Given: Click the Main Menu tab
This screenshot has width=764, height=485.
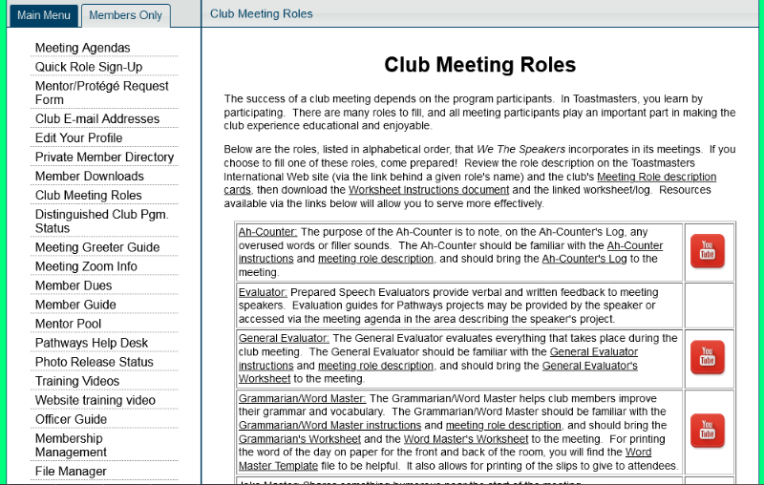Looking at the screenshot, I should [x=43, y=15].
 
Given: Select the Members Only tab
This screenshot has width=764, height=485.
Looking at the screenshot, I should [x=125, y=15].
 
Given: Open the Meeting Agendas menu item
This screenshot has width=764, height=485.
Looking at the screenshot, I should [x=83, y=48].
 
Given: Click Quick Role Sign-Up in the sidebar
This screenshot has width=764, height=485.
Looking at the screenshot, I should [x=89, y=67].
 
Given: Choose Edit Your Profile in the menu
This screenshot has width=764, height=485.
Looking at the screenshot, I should [x=78, y=137].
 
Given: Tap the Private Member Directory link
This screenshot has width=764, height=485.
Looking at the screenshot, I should [x=104, y=157].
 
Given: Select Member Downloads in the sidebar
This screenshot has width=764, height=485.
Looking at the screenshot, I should [x=89, y=176].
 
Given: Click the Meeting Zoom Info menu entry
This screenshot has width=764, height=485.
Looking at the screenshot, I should [x=86, y=266].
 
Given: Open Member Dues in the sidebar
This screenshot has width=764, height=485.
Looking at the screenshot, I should [x=74, y=285].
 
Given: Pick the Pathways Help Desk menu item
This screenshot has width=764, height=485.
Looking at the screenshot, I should [x=92, y=343].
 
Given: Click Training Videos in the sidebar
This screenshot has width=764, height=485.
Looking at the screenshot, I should [x=77, y=381].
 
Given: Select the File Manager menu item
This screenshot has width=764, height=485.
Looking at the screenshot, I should [x=71, y=471].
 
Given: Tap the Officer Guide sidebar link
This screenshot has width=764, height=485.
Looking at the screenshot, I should [x=71, y=419].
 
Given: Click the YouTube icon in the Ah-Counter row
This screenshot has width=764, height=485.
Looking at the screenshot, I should [x=708, y=251].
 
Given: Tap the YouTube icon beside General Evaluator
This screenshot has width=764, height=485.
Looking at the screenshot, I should [x=708, y=357].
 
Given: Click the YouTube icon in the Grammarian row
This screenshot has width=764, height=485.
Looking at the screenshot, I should [x=708, y=431].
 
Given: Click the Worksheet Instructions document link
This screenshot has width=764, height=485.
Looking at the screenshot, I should [x=403, y=190].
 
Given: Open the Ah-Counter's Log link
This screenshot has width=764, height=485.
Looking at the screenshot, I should [x=584, y=259].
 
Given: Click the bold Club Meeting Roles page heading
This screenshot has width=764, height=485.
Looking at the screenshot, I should [x=479, y=65].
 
